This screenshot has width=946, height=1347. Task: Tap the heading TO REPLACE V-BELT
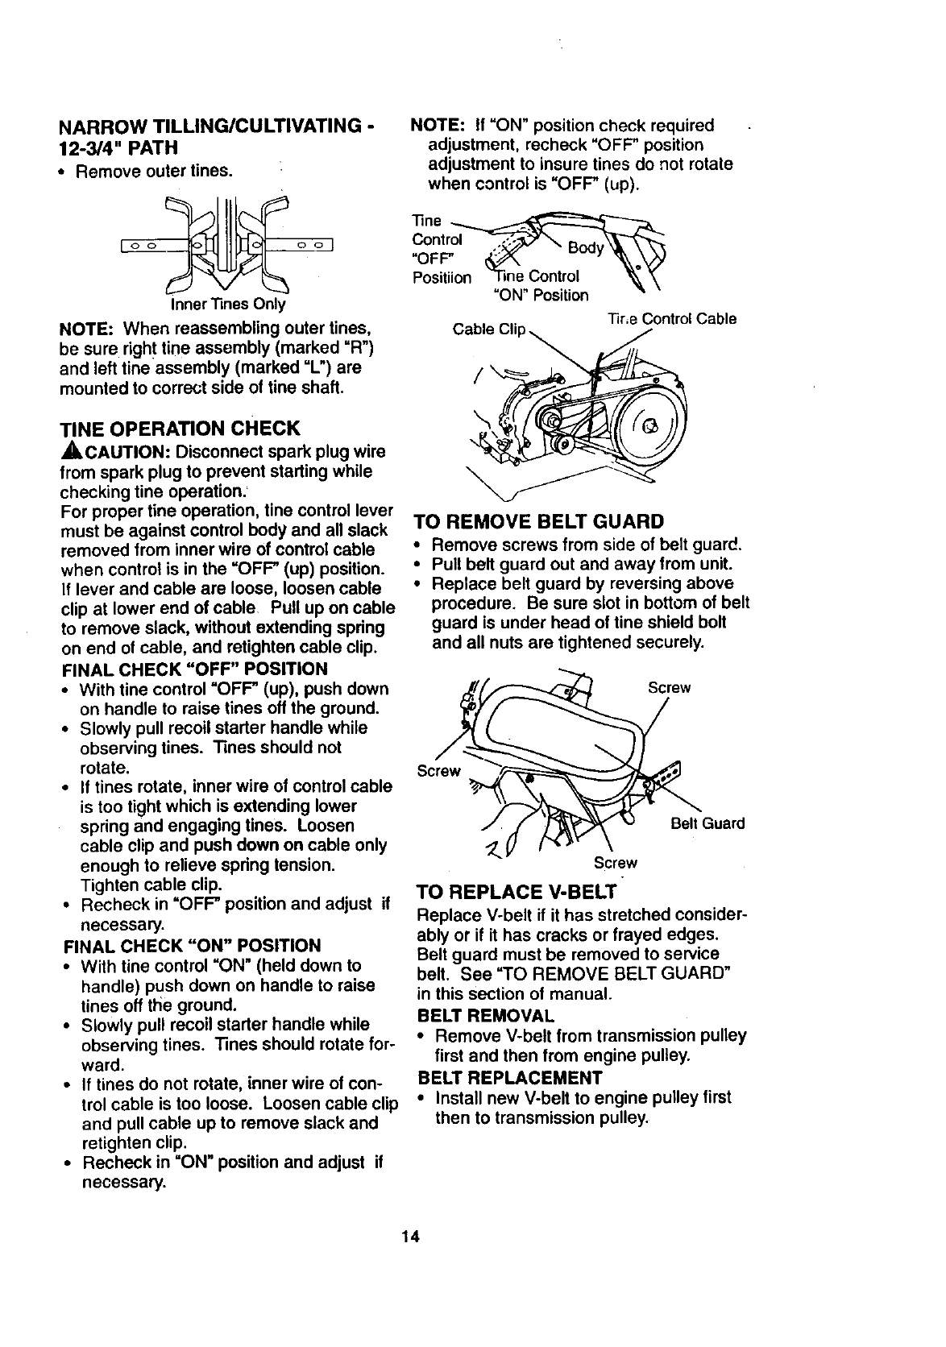coord(516,892)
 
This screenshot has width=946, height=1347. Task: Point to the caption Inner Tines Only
coord(227,305)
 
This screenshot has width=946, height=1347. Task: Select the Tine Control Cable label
coord(671,318)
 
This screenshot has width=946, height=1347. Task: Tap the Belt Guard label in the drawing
coord(708,823)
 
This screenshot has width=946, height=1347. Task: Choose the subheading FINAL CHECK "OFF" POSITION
coord(194,669)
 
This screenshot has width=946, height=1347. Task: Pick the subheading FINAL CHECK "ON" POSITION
coord(191,945)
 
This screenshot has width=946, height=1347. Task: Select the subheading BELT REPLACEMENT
coord(510,1078)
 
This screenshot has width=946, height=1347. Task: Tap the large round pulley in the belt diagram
coord(649,422)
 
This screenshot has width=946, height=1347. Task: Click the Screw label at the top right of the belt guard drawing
coord(670,687)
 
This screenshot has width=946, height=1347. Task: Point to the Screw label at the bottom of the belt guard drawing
coord(615,863)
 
